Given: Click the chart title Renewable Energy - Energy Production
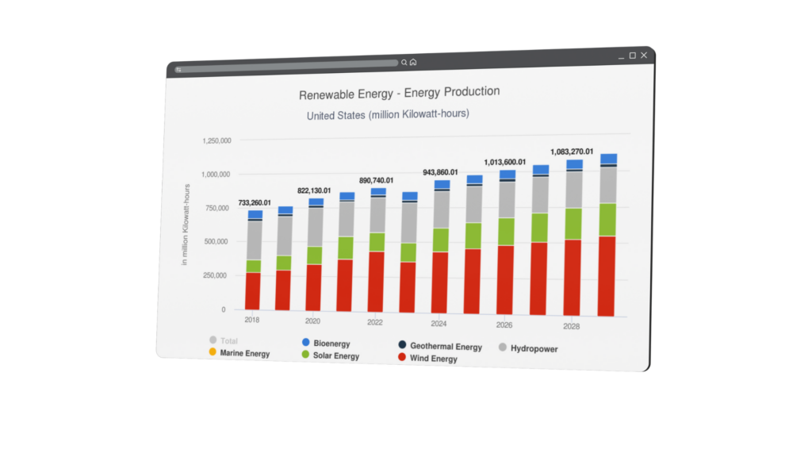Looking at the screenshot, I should [399, 93].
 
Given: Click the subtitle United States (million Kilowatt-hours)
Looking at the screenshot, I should [388, 114].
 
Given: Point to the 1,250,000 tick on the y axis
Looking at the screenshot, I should [216, 140].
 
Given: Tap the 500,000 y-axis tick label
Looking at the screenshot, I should [216, 241].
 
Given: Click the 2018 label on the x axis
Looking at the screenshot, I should [252, 319].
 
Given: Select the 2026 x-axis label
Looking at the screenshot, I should [504, 325].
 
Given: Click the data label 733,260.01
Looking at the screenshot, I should [255, 202].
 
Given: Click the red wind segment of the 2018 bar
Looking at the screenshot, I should [253, 290].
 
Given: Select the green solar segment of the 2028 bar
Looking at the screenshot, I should [573, 224].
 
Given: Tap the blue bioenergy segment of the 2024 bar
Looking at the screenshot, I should [442, 184].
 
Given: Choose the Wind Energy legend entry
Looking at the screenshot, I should [433, 359].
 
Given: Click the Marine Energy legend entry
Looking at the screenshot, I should [245, 353].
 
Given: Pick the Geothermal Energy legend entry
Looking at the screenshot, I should [446, 347].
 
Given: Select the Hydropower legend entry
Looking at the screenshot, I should [533, 348].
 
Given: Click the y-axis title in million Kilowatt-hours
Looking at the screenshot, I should [186, 225].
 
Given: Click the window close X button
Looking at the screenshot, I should [644, 56].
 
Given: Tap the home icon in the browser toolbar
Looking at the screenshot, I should [413, 62].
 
